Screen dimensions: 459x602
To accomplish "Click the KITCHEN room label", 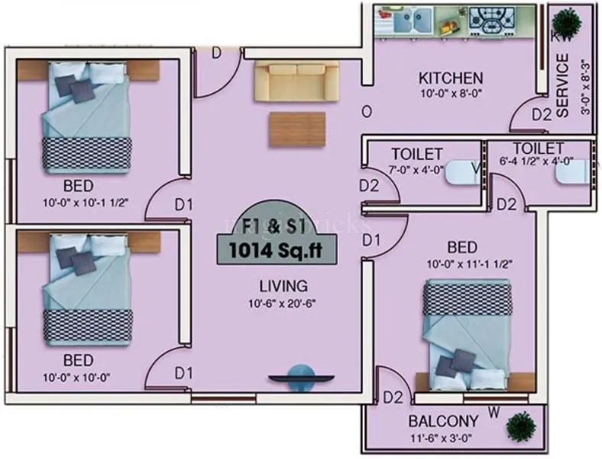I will [x=451, y=78].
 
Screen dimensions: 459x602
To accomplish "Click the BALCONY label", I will [x=443, y=421].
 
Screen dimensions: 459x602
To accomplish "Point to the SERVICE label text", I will [x=563, y=85].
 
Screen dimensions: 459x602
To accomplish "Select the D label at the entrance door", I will [x=216, y=53].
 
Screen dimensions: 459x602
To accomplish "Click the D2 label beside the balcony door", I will [x=393, y=397].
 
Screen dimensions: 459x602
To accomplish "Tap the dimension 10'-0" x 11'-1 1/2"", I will [x=469, y=264].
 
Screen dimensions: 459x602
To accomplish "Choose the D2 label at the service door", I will [x=542, y=115].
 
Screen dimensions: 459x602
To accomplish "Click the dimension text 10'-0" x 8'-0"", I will [x=451, y=94].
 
